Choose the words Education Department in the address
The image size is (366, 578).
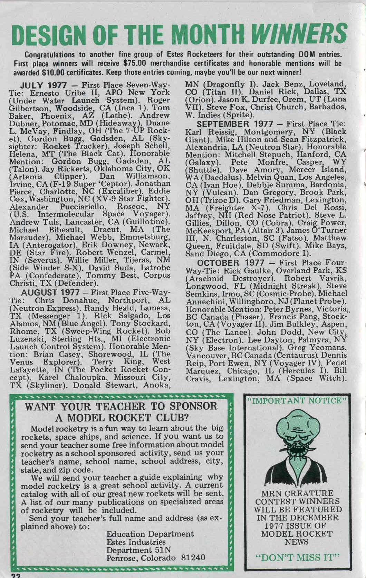tap(150, 534)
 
